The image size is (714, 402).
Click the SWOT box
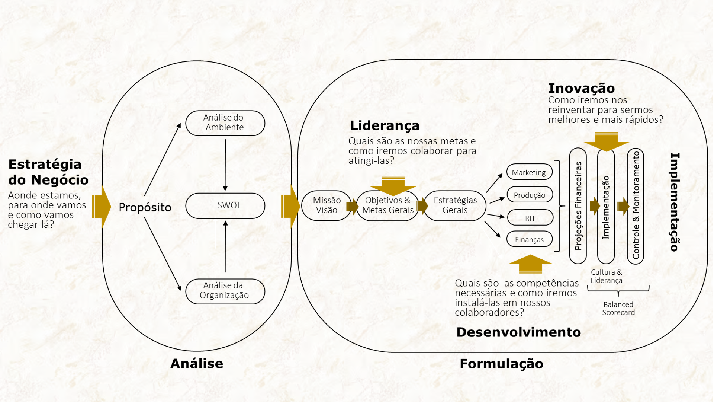point(225,205)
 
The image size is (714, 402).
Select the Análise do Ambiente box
point(225,123)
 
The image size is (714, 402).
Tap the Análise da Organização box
point(225,291)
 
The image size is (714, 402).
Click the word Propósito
point(145,207)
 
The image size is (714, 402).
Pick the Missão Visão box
point(326,205)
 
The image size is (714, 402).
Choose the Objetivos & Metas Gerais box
point(387,205)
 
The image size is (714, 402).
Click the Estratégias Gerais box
point(455,205)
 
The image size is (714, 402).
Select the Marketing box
point(529,172)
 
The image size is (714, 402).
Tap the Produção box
point(530,195)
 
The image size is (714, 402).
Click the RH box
point(530,218)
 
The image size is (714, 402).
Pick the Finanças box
point(529,240)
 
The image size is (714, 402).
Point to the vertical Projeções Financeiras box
point(578,206)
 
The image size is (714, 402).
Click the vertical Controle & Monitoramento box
point(636,206)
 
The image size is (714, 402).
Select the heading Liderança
point(385,126)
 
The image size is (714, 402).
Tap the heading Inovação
point(582,89)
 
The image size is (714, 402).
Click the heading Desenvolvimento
point(518,332)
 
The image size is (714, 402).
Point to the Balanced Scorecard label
point(618,309)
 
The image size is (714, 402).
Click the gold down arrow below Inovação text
point(606,142)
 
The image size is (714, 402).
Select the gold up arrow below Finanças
point(530,264)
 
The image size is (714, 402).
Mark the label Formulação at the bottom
point(501,364)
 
